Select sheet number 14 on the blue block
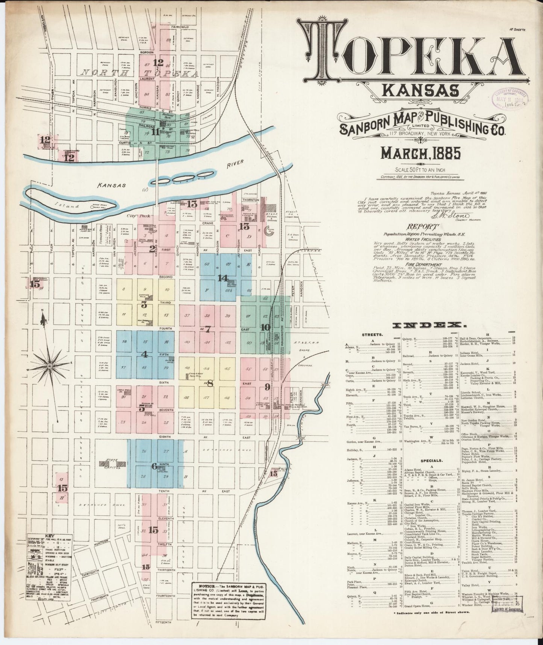(222, 278)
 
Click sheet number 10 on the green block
(265, 327)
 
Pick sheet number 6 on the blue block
(154, 466)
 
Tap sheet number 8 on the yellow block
(210, 384)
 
